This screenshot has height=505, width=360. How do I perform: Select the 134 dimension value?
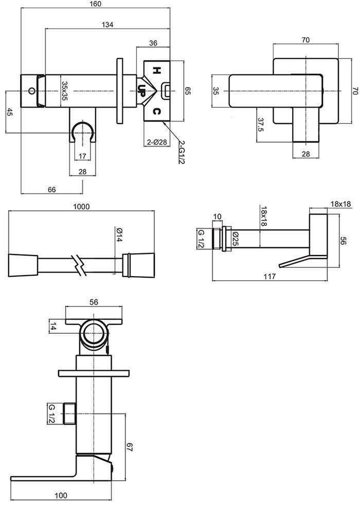click(107, 24)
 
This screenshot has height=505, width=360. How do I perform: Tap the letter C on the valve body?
click(157, 112)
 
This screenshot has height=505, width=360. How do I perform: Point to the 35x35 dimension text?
click(64, 92)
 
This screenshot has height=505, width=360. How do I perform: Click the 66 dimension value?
click(51, 189)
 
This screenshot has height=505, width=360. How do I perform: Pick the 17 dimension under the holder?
click(82, 156)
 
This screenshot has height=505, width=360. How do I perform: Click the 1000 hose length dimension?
click(81, 207)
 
